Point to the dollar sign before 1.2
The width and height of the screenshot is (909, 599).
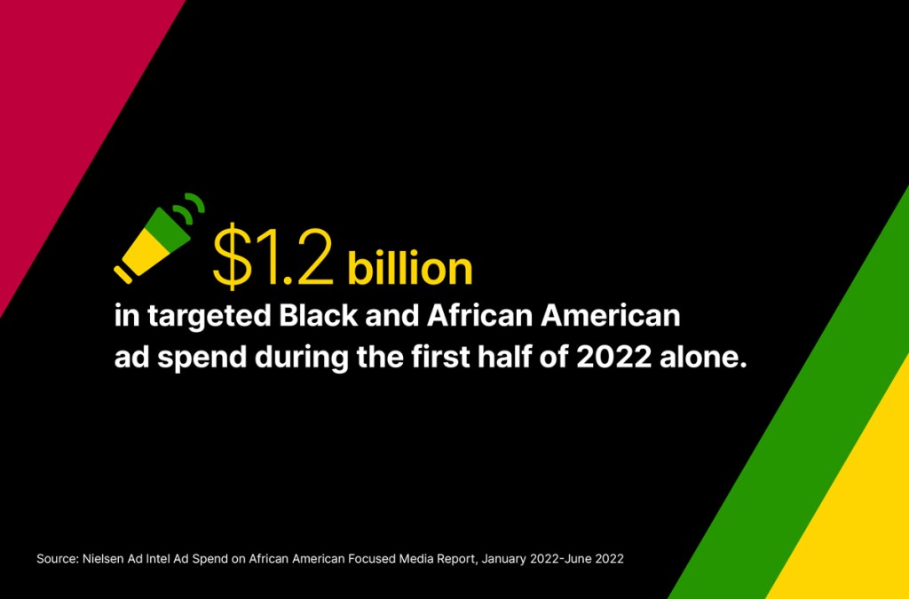232,256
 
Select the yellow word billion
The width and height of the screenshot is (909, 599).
410,268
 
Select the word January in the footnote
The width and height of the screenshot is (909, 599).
502,560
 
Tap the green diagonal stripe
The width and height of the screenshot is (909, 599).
811,417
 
